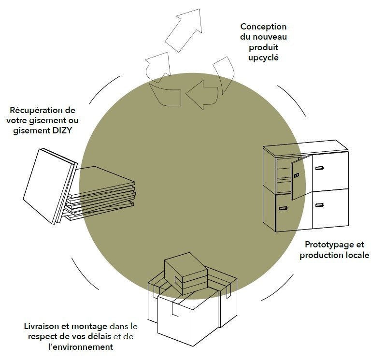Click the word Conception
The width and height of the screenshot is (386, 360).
click(x=263, y=27)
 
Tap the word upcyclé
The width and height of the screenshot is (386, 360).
click(x=263, y=58)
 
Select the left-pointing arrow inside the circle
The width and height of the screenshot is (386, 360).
click(x=201, y=93)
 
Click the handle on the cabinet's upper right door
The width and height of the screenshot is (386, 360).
click(x=319, y=168)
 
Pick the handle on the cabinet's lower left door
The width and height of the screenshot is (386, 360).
click(x=282, y=209)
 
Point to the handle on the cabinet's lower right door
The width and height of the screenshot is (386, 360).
click(x=319, y=206)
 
